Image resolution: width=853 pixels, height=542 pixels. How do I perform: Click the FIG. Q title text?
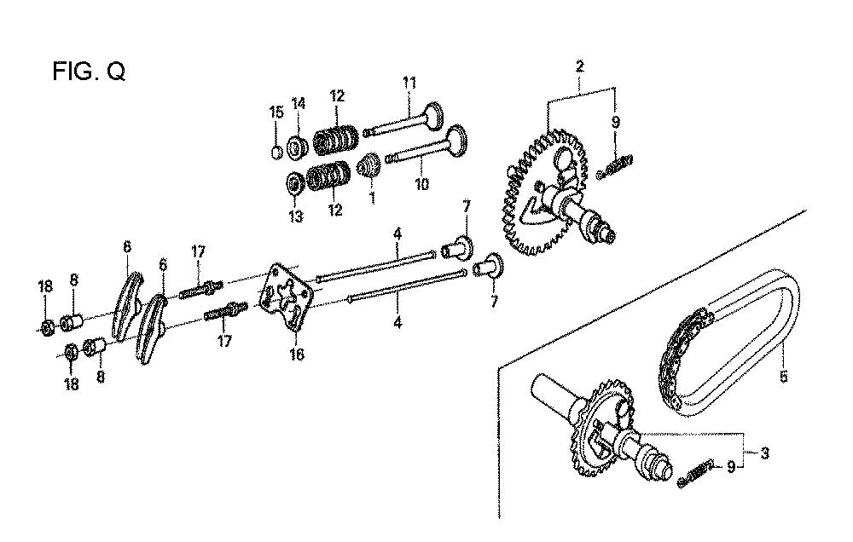coord(89,71)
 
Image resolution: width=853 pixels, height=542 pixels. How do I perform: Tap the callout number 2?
coord(580,66)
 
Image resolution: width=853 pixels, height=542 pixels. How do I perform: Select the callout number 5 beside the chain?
coord(783,376)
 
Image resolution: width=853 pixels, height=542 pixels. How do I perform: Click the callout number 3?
coord(765,453)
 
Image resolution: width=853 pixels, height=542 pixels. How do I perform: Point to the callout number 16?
coord(297,355)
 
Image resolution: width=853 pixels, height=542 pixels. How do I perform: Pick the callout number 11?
coord(409,83)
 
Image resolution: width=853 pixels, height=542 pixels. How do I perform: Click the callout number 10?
coord(421,184)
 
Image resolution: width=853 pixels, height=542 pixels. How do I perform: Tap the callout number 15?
coord(276,112)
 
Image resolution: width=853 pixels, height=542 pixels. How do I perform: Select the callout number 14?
coord(299,103)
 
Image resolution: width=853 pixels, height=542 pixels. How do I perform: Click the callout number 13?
coord(295,217)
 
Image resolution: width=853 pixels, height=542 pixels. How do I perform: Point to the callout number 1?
coord(373,197)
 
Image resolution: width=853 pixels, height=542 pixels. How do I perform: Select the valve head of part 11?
coord(433,114)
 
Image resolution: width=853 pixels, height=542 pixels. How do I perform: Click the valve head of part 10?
coord(456,140)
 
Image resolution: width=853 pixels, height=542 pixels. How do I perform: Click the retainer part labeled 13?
coord(293,183)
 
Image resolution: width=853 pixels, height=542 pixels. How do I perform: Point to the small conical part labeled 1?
coord(368,164)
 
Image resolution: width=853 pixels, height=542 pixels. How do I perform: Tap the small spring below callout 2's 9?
coord(614,165)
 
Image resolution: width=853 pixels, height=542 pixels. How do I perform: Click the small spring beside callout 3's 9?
coord(696,474)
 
